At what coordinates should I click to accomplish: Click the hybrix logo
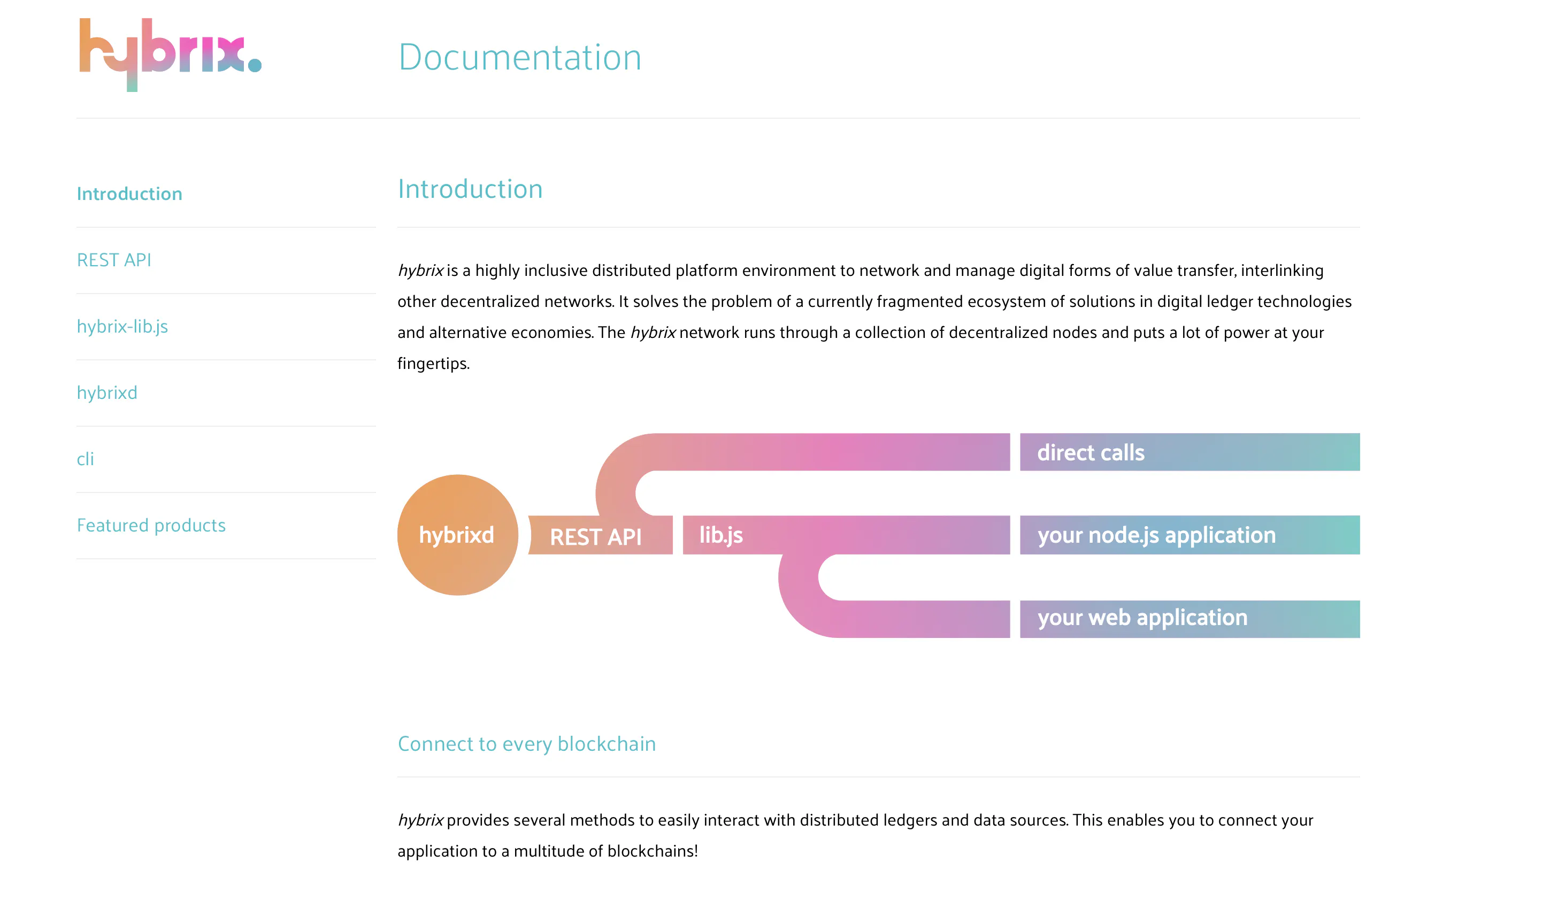tap(171, 55)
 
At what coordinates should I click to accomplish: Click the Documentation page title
tap(520, 57)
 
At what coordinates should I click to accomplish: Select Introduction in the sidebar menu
tap(129, 194)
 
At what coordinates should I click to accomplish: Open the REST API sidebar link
tap(114, 260)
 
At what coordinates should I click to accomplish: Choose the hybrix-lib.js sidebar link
tap(122, 327)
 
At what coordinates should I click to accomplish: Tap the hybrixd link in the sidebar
tap(107, 393)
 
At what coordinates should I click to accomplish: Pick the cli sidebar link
tap(86, 459)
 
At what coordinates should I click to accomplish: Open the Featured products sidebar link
tap(151, 525)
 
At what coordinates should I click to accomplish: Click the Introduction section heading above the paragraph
tap(470, 189)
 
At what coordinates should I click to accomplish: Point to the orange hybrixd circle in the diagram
tap(458, 535)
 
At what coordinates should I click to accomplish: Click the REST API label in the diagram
tap(595, 537)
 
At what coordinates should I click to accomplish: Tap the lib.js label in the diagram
tap(721, 535)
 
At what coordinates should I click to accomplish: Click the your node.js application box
tap(1190, 535)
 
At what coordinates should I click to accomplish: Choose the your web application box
tap(1190, 619)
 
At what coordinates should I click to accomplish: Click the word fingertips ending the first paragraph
tap(434, 364)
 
